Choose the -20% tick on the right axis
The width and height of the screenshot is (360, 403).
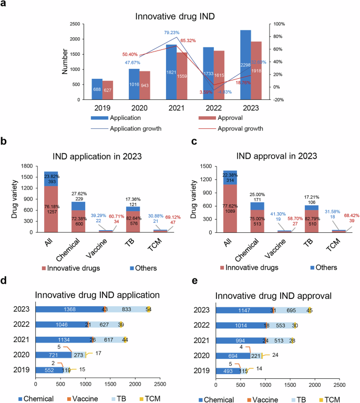[x=278, y=99]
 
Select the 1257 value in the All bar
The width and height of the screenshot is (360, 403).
[x=51, y=207]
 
